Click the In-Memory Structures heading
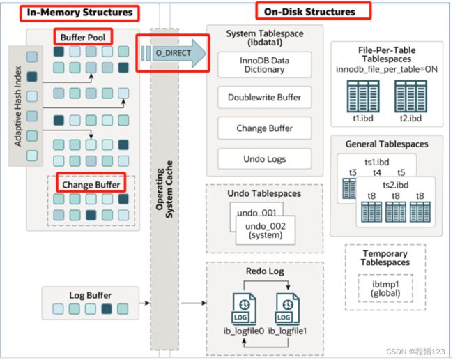click(79, 13)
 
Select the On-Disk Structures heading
click(309, 12)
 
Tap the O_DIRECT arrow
click(174, 54)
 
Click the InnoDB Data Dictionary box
click(264, 65)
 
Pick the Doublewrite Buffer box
click(264, 98)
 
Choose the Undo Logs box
click(264, 159)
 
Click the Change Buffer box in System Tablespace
click(264, 128)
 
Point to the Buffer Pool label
click(83, 38)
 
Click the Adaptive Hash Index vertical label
click(18, 106)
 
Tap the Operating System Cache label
click(164, 189)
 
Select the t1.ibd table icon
click(363, 96)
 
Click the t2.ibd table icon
click(410, 96)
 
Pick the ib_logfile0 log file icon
click(244, 309)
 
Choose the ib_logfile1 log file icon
click(287, 309)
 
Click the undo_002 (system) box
click(266, 230)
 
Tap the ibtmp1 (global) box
click(385, 288)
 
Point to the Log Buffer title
click(90, 295)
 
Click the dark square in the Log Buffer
click(107, 309)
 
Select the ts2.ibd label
click(396, 185)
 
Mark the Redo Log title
click(265, 271)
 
